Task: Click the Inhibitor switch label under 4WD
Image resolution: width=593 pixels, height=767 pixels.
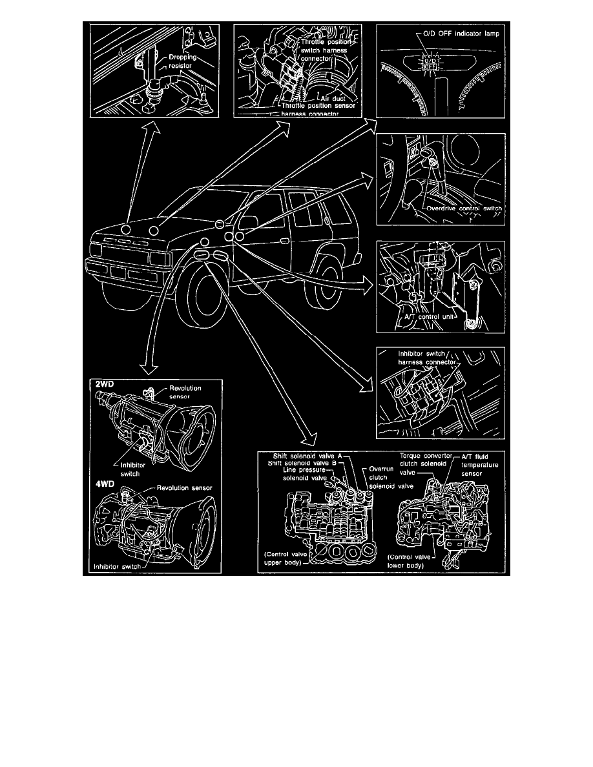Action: (x=116, y=568)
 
